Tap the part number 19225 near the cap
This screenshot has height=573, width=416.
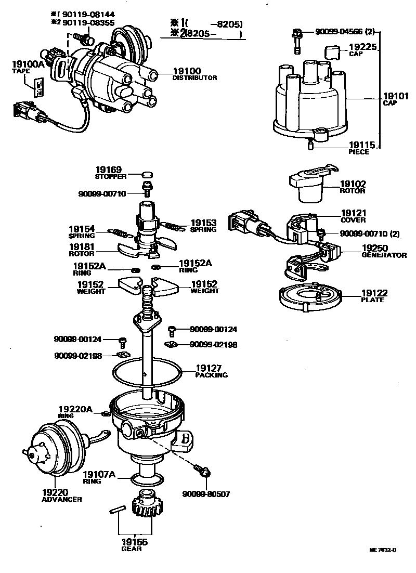coord(363,47)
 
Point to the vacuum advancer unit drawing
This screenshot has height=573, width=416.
coord(52,450)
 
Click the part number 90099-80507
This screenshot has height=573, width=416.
coord(206,494)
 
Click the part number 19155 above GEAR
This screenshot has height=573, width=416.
coord(134,542)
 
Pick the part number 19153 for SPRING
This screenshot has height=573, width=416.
coord(203,222)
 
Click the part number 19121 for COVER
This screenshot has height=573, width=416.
coord(354,213)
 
